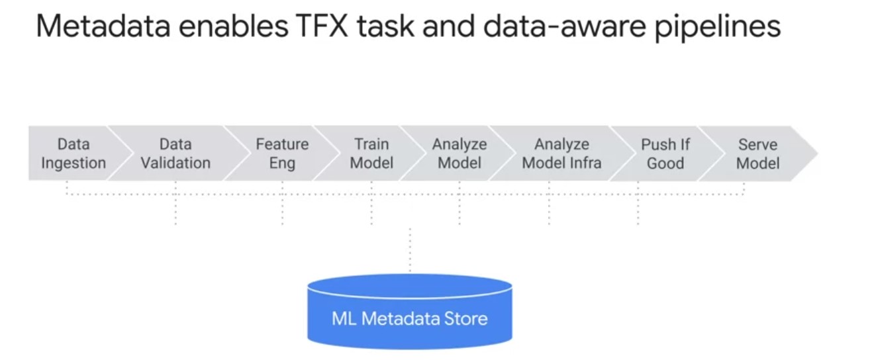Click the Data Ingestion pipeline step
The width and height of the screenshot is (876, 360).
click(74, 154)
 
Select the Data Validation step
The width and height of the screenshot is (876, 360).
click(176, 154)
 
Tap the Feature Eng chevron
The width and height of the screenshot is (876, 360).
click(282, 154)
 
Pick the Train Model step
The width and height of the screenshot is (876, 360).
click(371, 154)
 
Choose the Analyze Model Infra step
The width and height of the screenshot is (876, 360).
click(561, 154)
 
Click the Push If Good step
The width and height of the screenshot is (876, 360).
click(665, 154)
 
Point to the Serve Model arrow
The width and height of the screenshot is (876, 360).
click(758, 154)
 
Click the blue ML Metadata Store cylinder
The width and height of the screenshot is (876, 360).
click(410, 312)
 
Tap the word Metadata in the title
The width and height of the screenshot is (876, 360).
click(103, 26)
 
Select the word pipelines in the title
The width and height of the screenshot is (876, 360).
click(718, 28)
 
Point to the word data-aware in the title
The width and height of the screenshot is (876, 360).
click(564, 26)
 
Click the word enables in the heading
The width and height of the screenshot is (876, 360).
click(234, 26)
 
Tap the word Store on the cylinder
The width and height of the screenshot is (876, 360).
click(465, 318)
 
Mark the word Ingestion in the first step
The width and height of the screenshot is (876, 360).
click(73, 163)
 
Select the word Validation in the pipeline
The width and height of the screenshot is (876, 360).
click(175, 163)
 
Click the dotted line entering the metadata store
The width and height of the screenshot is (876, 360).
click(410, 250)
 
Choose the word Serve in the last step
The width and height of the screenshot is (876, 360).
click(758, 145)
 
